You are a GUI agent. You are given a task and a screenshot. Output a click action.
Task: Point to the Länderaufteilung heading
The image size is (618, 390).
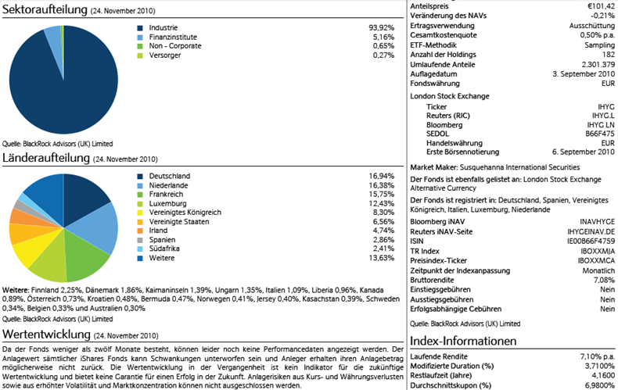point(46,158)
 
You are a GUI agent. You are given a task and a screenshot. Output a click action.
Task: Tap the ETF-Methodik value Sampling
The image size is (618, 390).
point(598,46)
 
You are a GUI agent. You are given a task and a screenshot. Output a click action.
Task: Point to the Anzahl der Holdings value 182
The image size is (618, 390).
point(608,55)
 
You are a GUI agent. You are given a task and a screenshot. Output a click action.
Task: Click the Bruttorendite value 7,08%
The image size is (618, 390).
point(602,278)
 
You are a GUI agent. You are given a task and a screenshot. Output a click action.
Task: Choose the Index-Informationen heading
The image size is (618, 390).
point(464,342)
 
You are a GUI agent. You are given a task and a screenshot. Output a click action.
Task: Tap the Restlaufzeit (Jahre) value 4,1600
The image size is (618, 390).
point(601,375)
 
